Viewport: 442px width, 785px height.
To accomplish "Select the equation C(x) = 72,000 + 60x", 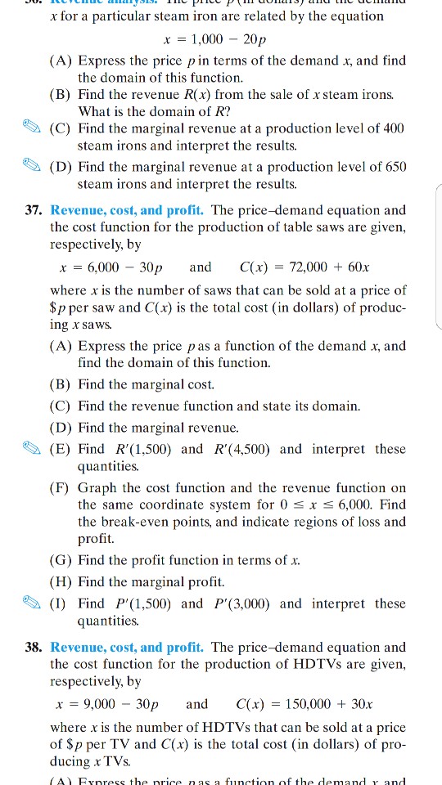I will click(x=294, y=267).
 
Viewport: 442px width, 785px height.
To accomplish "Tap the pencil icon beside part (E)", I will click(x=36, y=449).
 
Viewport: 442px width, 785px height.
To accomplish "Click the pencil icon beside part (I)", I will click(x=36, y=603).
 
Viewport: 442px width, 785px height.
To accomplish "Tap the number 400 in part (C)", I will click(x=390, y=129).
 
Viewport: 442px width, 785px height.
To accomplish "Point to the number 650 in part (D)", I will click(x=390, y=168).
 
